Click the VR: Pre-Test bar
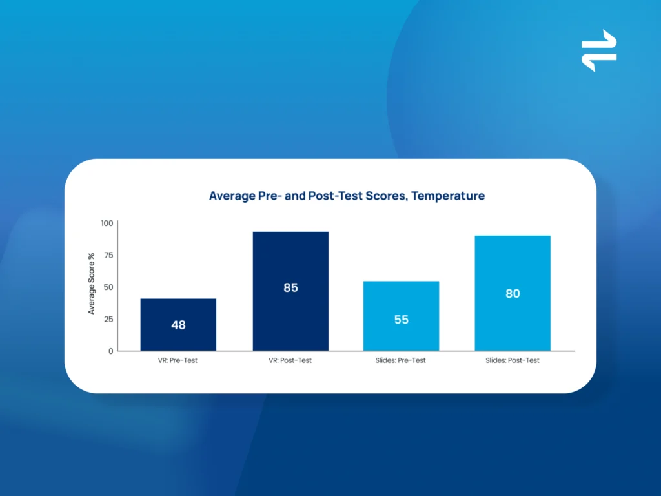(x=178, y=325)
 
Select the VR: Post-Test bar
(x=290, y=291)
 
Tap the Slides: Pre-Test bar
(x=402, y=316)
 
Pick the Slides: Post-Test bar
(x=513, y=293)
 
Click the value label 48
(x=178, y=325)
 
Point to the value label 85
(x=290, y=287)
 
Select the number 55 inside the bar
(x=402, y=320)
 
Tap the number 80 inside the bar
(x=513, y=294)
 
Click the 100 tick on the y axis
(x=107, y=223)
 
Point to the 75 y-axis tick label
(x=108, y=255)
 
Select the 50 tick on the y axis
(x=108, y=287)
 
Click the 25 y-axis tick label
(x=108, y=319)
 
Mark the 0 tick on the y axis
(x=111, y=351)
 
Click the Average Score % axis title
(x=91, y=284)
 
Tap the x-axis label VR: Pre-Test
(x=178, y=360)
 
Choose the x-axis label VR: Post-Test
(x=290, y=360)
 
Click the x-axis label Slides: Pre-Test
(x=400, y=360)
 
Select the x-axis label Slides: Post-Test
(x=512, y=360)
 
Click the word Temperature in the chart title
(x=448, y=196)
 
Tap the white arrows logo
(x=599, y=50)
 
